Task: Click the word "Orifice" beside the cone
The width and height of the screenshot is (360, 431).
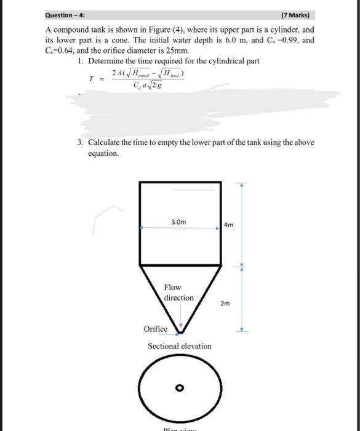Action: click(x=155, y=329)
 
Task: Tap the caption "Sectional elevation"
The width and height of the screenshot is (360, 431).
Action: click(x=179, y=346)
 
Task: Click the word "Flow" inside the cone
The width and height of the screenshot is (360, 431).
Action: click(x=172, y=287)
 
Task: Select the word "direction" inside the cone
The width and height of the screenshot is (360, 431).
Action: click(x=178, y=297)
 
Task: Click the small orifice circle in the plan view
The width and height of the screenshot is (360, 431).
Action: click(x=180, y=388)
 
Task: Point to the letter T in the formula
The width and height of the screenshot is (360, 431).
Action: click(x=92, y=79)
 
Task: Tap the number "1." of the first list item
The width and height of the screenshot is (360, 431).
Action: click(x=82, y=62)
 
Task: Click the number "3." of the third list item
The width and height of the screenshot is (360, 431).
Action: click(x=81, y=142)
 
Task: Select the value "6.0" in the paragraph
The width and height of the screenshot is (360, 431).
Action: click(x=231, y=41)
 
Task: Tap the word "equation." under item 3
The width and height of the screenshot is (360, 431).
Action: click(x=103, y=153)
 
